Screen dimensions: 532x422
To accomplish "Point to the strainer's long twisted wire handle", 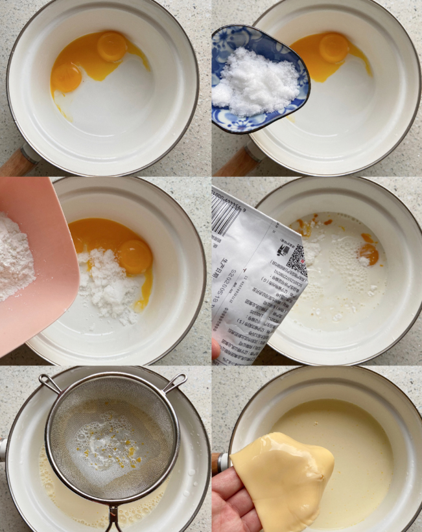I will coord(113,518).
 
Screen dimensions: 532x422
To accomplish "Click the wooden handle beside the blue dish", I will coord(233,162).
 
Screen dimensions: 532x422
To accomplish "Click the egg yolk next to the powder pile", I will coord(135,257).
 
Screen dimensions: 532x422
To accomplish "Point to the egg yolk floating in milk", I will coord(369,252).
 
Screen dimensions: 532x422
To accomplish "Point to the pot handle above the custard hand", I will coord(222,461).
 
